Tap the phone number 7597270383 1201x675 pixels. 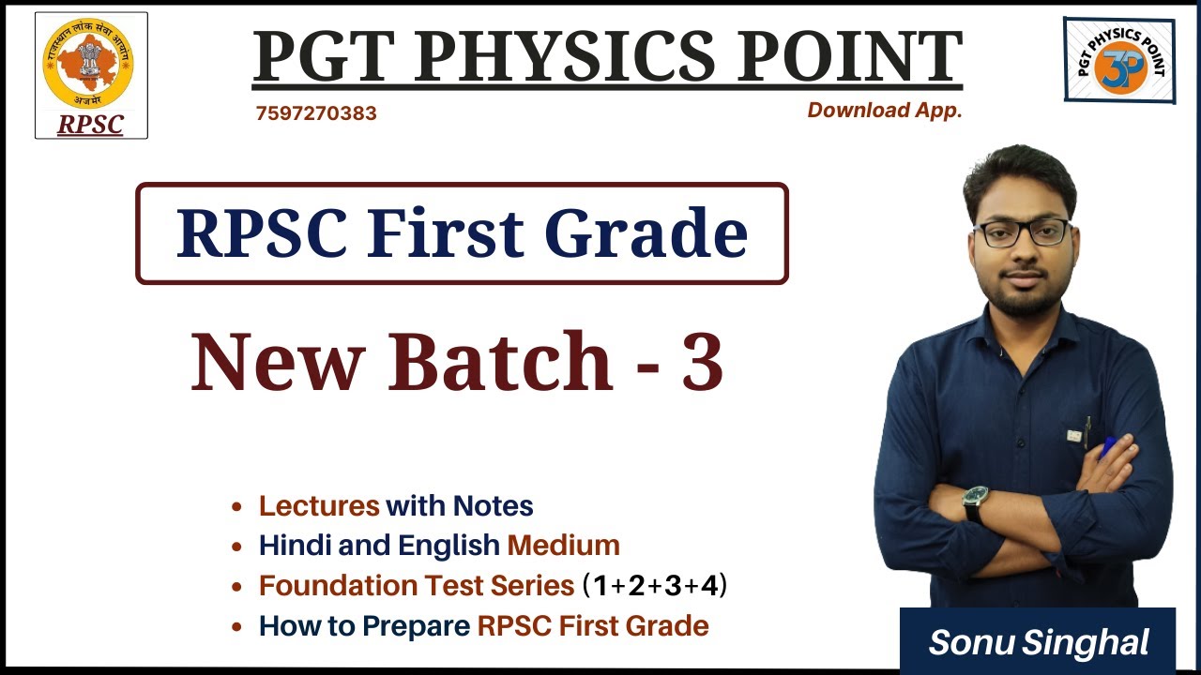316,113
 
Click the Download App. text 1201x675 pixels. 885,111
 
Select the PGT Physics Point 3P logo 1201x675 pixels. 1118,60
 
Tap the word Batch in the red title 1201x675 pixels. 501,362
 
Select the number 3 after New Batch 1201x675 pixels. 702,362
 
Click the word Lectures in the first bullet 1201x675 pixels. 319,506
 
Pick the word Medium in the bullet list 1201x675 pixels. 563,546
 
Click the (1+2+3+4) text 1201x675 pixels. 655,586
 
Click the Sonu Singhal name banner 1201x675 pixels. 1038,642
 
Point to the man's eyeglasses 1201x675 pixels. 1023,232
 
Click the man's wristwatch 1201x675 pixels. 975,501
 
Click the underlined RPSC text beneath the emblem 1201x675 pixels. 90,125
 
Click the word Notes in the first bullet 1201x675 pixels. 493,506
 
